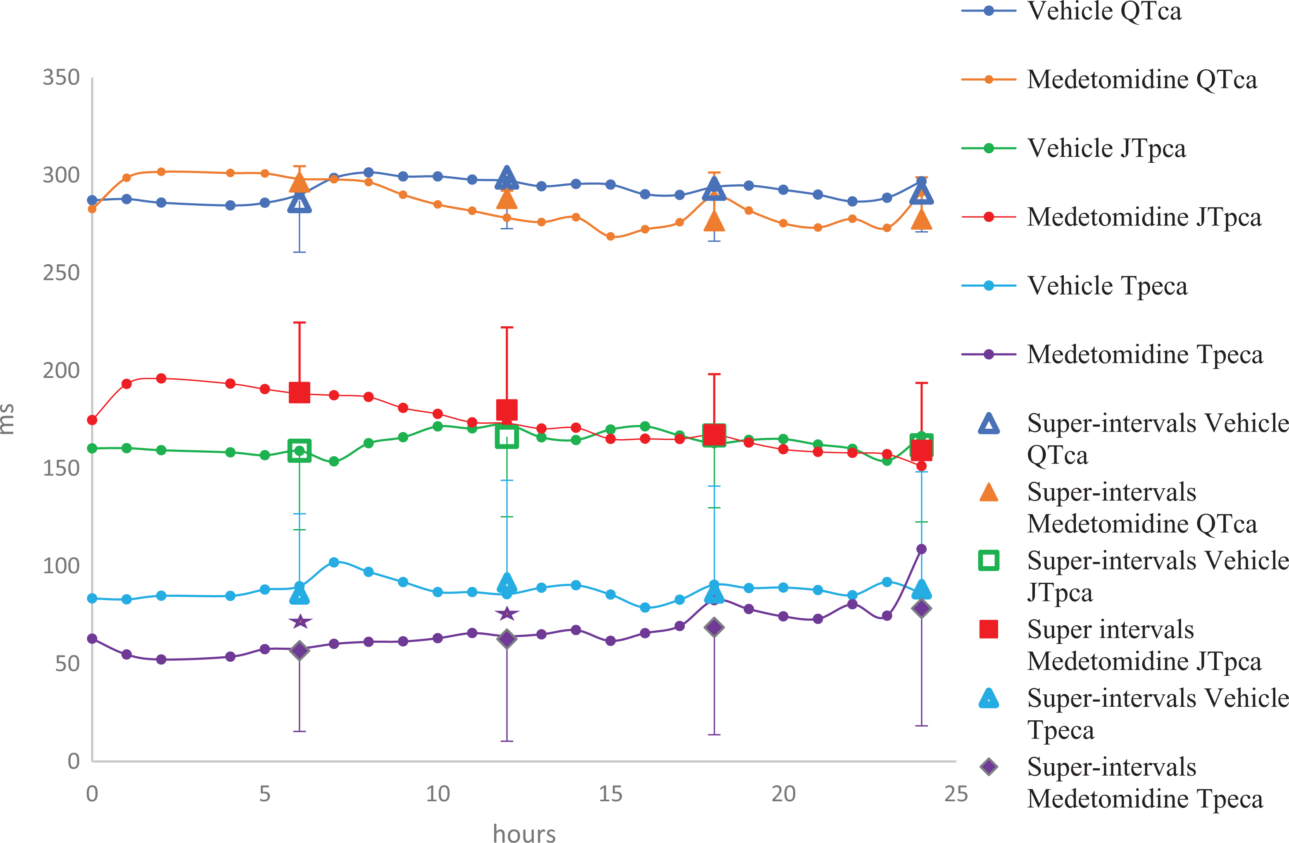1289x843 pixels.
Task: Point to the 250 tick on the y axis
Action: coord(61,273)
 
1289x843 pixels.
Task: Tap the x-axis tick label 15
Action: coord(610,794)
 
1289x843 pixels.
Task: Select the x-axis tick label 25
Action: coord(956,794)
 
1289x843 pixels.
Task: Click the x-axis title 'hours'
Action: coord(524,832)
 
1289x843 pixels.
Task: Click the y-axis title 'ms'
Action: coord(7,419)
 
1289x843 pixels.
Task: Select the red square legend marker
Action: coord(989,629)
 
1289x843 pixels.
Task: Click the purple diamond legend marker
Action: coord(989,767)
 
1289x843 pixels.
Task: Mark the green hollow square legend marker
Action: coord(989,560)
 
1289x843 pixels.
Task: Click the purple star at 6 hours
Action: coord(300,621)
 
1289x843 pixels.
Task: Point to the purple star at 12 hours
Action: coord(507,613)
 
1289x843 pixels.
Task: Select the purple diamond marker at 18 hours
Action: coord(714,627)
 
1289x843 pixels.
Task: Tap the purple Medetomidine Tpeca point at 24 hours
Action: coord(921,549)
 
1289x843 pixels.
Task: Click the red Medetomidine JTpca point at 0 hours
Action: coord(92,420)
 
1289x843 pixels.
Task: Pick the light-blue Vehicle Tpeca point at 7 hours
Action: coord(334,563)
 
